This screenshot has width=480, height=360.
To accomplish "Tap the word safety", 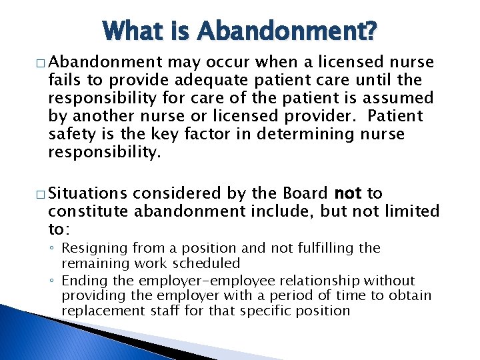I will pos(71,133).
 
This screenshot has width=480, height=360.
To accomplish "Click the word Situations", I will pos(87,193).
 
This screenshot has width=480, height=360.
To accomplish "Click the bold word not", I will pos(348,193).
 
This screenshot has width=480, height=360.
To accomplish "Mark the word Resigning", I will pos(92,248).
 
